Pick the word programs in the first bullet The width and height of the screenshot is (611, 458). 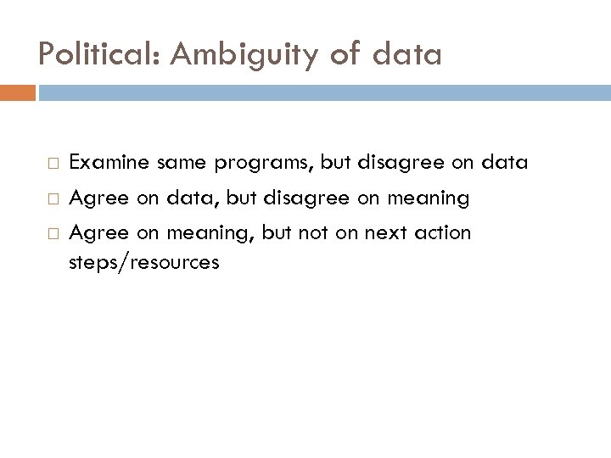tap(253, 162)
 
